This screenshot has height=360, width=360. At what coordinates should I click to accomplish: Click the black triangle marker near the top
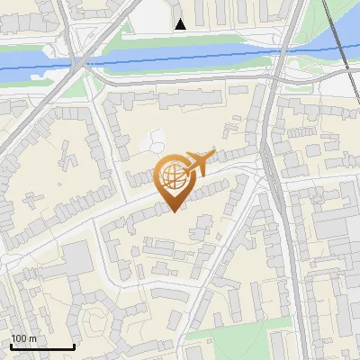pyautogui.click(x=181, y=24)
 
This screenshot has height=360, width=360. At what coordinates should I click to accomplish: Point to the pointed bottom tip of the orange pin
pyautogui.click(x=174, y=212)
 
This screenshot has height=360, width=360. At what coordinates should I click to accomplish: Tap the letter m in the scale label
pyautogui.click(x=33, y=338)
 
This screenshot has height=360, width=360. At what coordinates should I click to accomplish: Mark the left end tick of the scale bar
pyautogui.click(x=10, y=346)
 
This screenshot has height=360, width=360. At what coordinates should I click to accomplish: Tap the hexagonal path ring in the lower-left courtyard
pyautogui.click(x=94, y=320)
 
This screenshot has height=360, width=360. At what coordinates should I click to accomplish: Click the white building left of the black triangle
pyautogui.click(x=154, y=13)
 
